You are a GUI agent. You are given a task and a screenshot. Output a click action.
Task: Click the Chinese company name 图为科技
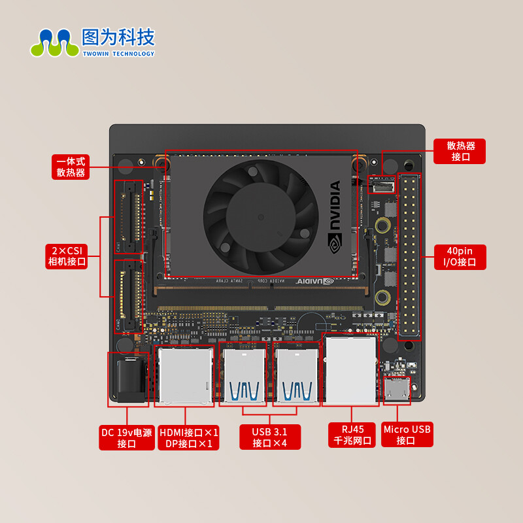tap(118, 37)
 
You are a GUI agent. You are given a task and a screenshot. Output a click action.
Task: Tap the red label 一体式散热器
tap(71, 167)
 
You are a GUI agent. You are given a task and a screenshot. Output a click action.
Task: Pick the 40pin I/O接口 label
tap(460, 256)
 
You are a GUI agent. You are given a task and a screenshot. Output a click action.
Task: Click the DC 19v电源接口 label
tap(126, 437)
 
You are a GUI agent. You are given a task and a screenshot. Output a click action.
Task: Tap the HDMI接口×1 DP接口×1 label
tap(188, 437)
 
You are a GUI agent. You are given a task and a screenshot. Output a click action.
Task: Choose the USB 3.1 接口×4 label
tap(269, 437)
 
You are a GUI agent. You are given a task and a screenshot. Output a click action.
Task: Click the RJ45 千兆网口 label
tap(352, 435)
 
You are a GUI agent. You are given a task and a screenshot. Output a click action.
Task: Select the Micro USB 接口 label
tap(407, 435)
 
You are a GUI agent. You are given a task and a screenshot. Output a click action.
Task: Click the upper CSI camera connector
tap(129, 216)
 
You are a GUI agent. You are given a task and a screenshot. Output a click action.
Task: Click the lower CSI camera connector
tap(129, 295)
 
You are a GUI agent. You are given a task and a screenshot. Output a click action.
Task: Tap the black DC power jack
tap(129, 378)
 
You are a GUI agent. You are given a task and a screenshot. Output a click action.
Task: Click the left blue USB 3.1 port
tap(243, 378)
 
